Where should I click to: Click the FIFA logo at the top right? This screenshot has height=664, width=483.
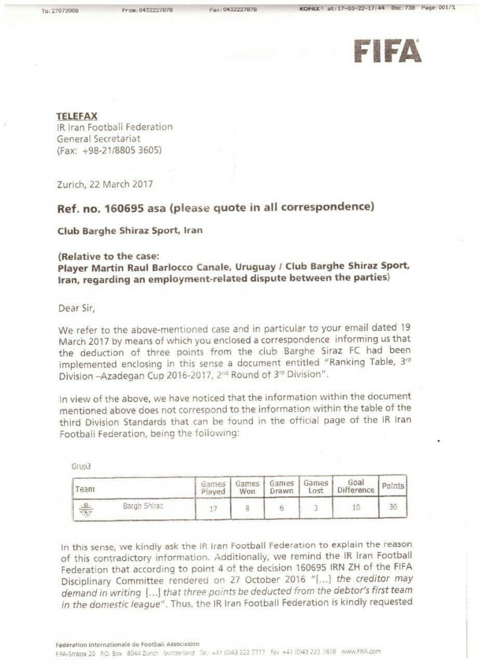click(x=387, y=51)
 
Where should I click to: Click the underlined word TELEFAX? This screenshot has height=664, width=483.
click(x=77, y=115)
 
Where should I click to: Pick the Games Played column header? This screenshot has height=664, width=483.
click(x=213, y=487)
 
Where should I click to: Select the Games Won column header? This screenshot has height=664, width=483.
click(x=247, y=487)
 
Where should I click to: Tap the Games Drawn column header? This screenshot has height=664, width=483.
click(x=281, y=487)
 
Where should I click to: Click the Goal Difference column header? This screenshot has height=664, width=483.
click(x=356, y=487)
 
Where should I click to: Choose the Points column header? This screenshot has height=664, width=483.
click(x=393, y=485)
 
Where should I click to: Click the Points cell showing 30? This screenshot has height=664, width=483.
click(x=393, y=507)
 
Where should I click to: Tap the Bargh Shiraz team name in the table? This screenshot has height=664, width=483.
click(x=142, y=505)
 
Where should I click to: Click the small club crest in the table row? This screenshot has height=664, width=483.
click(x=86, y=508)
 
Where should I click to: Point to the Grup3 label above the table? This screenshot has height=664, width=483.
click(x=80, y=466)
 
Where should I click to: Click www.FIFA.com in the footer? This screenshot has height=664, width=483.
click(x=361, y=652)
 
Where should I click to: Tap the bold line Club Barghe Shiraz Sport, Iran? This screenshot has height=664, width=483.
click(x=130, y=230)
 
